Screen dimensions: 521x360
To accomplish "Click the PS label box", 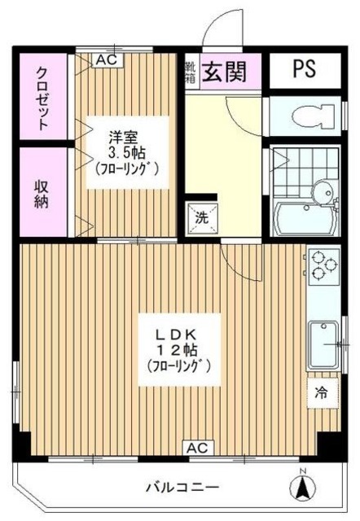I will point(303,69).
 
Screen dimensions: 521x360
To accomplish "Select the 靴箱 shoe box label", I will point(190,70).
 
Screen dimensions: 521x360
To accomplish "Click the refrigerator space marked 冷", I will point(321,393).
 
